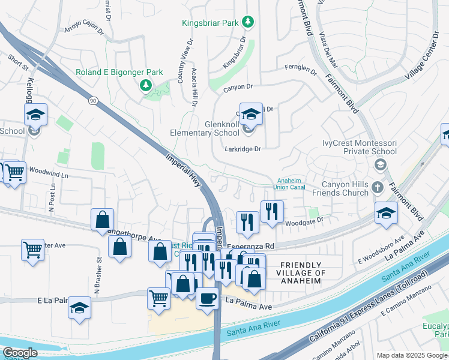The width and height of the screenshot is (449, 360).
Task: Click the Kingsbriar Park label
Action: pyautogui.click(x=211, y=23)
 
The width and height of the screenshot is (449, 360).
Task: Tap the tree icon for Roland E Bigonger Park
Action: pyautogui.click(x=145, y=86)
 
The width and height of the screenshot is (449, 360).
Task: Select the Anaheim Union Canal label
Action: pyautogui.click(x=290, y=183)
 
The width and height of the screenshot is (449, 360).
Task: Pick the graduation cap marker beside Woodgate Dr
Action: pyautogui.click(x=386, y=212)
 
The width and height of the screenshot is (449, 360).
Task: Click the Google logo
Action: pyautogui.click(x=20, y=353)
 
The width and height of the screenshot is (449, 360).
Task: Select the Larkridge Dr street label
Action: pyautogui.click(x=243, y=149)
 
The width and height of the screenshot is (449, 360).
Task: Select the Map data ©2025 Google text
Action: pyautogui.click(x=412, y=355)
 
